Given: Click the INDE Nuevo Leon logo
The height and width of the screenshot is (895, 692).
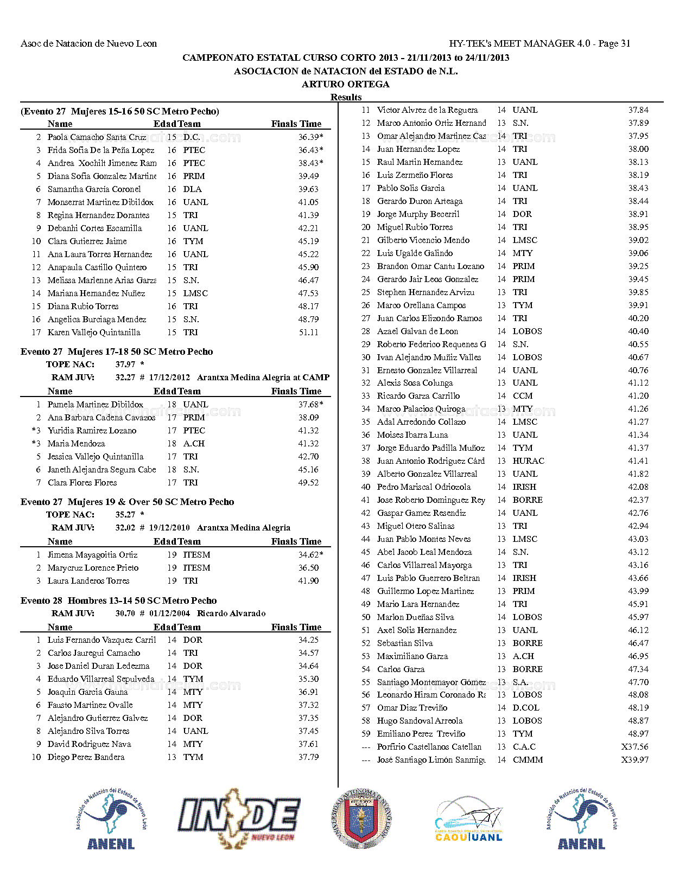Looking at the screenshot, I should (239, 818).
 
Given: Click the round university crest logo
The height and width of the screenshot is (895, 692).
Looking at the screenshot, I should (361, 818).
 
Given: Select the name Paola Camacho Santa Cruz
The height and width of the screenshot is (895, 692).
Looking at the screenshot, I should (97, 137).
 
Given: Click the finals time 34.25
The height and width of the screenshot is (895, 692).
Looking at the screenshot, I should (308, 640).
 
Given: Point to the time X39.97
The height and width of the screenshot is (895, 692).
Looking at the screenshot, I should (635, 760).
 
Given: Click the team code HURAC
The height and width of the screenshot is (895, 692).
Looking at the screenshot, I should (528, 461).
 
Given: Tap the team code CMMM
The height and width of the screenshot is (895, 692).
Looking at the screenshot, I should (528, 760).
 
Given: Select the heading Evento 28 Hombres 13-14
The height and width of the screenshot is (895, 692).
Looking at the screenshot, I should (118, 600).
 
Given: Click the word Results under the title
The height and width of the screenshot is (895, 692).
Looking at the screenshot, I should (346, 97).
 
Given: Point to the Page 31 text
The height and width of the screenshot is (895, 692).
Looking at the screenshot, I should (614, 43).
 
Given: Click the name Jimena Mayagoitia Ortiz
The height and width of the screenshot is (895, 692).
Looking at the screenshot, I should (92, 555).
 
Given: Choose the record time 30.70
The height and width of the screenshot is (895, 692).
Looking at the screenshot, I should (125, 613).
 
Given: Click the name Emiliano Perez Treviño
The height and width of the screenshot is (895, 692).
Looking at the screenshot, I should (421, 734).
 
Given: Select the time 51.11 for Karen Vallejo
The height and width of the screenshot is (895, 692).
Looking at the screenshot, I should (308, 333).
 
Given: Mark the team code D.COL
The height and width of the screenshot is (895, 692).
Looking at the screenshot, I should (526, 708).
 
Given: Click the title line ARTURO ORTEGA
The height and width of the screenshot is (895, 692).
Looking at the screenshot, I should (346, 84).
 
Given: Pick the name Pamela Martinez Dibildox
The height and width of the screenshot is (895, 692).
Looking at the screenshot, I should (95, 405).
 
